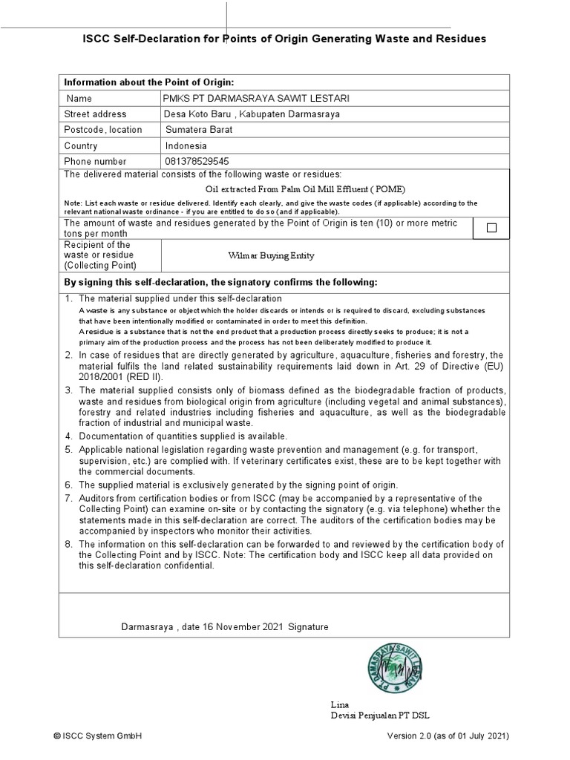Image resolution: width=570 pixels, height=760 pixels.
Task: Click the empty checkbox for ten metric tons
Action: point(491,228)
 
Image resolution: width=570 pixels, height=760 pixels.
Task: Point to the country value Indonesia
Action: point(187,146)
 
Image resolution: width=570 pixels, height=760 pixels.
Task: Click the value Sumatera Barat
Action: point(199,130)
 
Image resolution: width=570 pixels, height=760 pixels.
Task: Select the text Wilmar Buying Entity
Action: point(271,256)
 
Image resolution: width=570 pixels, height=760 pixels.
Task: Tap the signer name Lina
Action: point(339,704)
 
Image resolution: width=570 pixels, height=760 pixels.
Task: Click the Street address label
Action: point(95,114)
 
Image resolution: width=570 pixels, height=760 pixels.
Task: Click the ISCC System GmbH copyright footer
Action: point(97,736)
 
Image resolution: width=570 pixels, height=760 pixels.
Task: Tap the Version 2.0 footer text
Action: point(448,736)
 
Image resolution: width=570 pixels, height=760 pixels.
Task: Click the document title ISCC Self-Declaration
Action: point(284,39)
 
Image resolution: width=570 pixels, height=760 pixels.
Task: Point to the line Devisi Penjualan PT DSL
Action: point(380,715)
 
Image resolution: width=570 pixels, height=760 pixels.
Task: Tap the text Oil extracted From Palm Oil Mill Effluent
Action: point(305,189)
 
